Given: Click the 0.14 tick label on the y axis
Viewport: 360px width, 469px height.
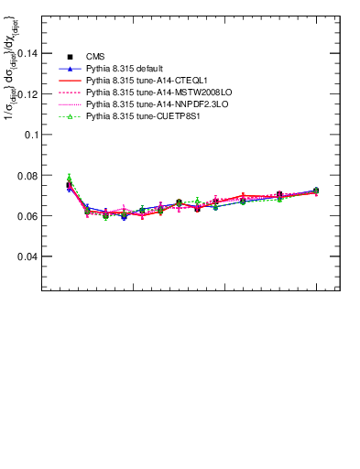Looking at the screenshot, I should (x=27, y=53).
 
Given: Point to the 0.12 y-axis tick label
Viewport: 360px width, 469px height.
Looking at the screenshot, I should (x=27, y=93).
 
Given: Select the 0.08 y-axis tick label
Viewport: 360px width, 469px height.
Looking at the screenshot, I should (x=27, y=175).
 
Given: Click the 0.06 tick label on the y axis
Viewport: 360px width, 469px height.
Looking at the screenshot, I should (x=27, y=215).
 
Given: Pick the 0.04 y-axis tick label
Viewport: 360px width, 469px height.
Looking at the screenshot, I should (x=27, y=256).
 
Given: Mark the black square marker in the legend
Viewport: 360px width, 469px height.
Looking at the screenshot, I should (x=70, y=57).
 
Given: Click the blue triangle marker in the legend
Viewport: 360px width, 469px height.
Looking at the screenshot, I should (x=70, y=69).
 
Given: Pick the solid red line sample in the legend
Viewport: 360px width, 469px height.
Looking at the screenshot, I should (x=70, y=81).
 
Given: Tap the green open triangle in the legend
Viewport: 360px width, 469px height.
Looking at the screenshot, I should (x=70, y=116).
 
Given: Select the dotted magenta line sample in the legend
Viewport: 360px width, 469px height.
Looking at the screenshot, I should (x=70, y=104).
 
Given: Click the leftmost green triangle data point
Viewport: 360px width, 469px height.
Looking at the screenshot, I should (x=69, y=179).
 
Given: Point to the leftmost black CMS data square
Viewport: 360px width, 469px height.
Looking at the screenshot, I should (x=69, y=185).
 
